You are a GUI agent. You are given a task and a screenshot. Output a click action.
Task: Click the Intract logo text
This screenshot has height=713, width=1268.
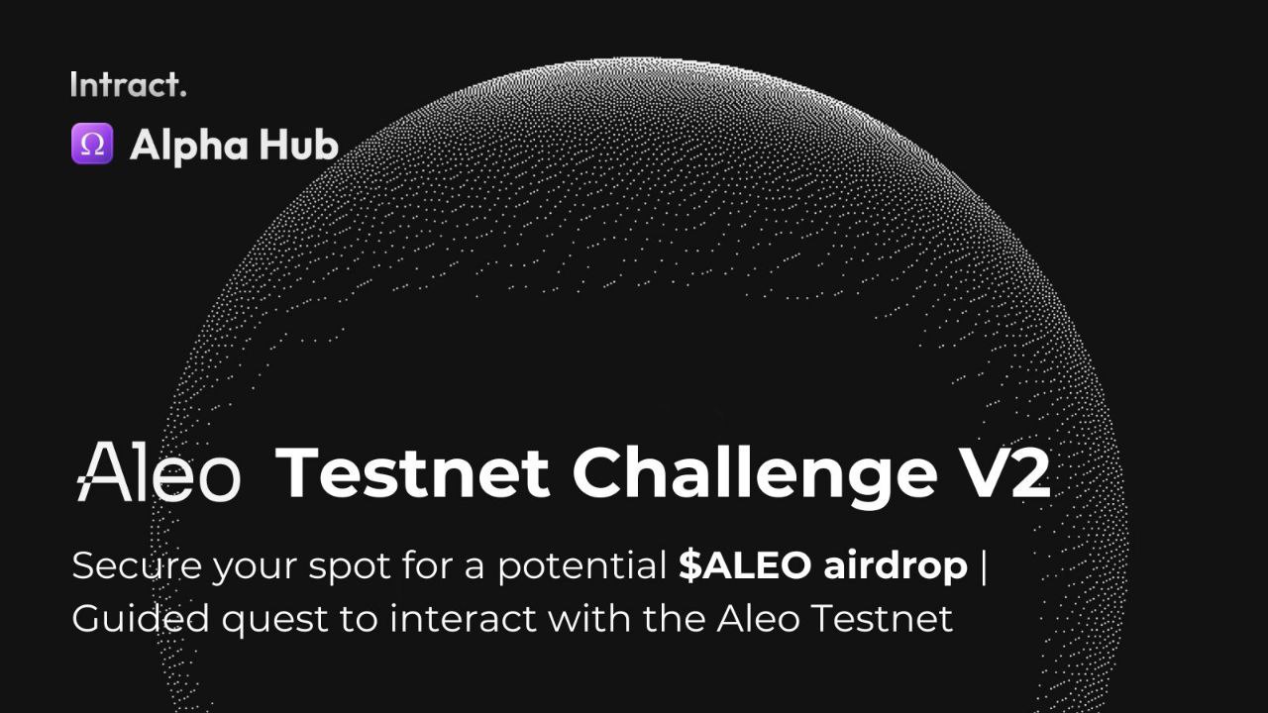[129, 84]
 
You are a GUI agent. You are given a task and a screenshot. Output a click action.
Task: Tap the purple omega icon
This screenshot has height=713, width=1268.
[92, 144]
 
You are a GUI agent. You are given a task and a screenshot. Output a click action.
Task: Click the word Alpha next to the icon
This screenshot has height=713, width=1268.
[189, 146]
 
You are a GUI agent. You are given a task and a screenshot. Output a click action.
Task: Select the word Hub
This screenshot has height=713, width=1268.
[299, 145]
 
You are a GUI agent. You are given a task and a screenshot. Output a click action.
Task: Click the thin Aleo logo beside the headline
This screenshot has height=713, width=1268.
[158, 471]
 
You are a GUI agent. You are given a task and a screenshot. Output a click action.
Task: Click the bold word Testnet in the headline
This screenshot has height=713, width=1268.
[412, 472]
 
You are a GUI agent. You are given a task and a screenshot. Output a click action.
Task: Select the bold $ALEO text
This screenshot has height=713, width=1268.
[745, 564]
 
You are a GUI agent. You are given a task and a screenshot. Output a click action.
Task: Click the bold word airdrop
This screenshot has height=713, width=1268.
[896, 565]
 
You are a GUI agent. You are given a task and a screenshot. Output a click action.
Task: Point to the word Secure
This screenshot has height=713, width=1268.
[137, 565]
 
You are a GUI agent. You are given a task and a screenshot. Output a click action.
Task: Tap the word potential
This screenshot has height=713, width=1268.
[582, 565]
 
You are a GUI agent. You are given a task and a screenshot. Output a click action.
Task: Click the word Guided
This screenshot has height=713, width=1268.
[141, 619]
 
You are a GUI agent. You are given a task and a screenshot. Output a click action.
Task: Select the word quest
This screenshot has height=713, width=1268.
[275, 621]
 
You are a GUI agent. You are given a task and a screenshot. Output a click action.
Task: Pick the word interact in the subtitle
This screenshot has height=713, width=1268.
[464, 618]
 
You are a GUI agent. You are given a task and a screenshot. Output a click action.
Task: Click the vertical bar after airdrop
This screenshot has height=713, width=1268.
[984, 567]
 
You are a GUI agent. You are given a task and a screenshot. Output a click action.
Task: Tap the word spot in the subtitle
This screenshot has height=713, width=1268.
[350, 567]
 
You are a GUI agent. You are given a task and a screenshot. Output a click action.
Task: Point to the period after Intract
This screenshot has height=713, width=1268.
[183, 93]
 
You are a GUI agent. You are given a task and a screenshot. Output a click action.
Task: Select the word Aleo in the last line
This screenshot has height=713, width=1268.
[758, 618]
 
